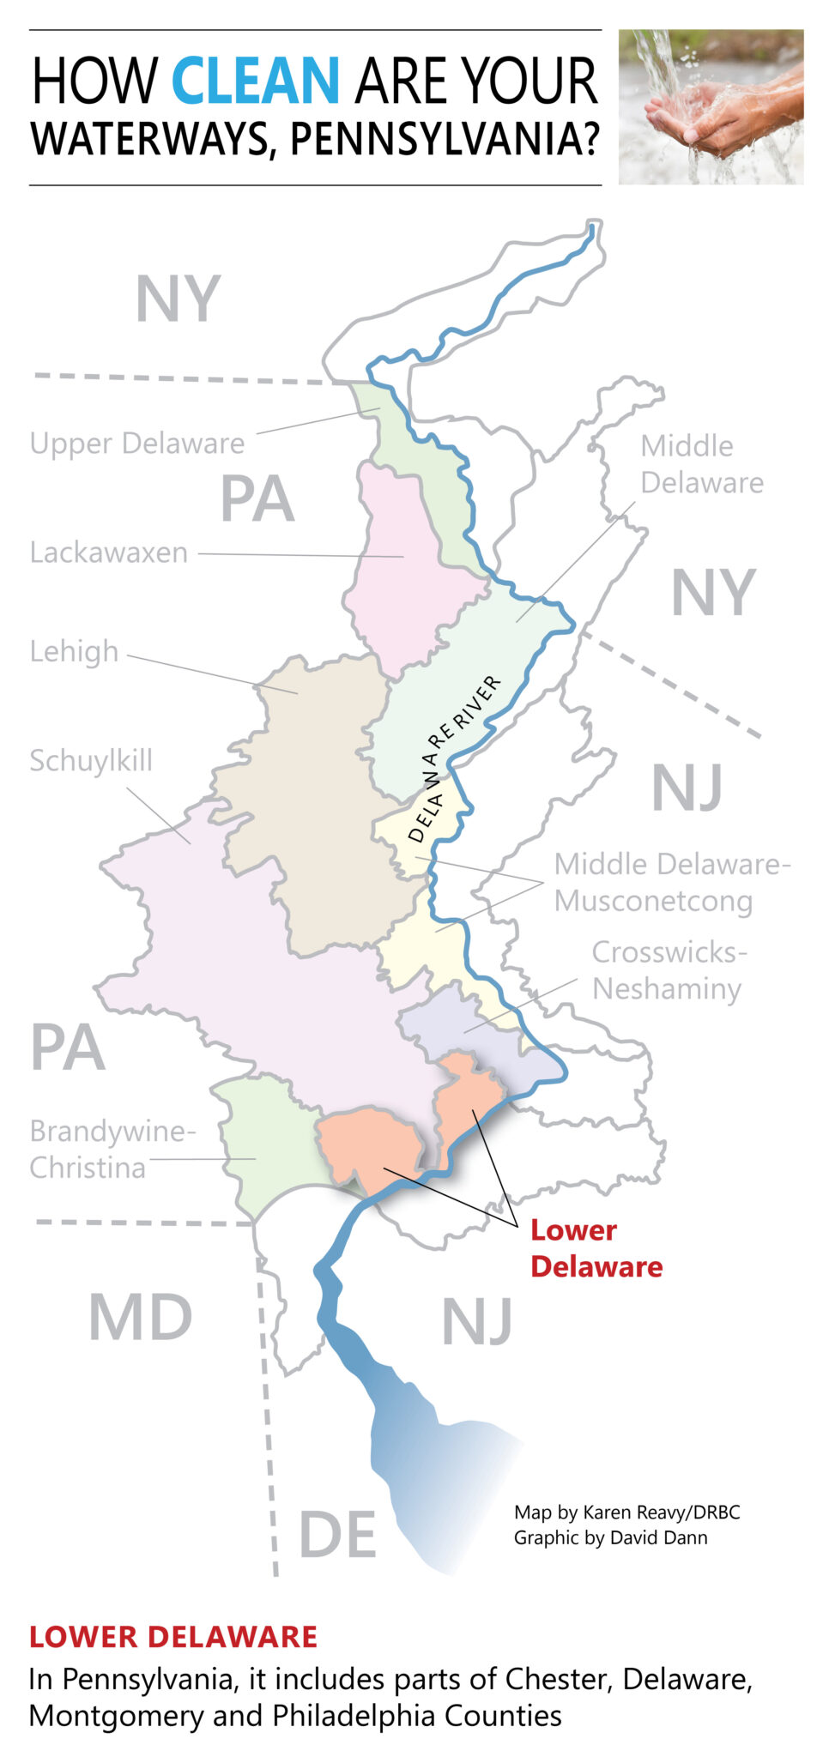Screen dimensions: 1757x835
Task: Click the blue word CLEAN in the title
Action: tap(256, 81)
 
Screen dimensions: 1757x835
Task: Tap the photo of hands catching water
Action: tap(711, 106)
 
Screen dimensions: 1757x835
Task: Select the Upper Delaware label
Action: tap(137, 444)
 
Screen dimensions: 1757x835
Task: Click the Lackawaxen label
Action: tap(109, 552)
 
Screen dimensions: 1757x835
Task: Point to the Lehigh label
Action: tap(74, 652)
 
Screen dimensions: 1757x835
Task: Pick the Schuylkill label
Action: tap(91, 761)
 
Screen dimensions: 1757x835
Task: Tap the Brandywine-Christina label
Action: tap(112, 1150)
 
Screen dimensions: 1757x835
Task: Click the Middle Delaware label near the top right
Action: tap(701, 464)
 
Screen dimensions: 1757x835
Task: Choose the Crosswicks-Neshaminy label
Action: tap(668, 970)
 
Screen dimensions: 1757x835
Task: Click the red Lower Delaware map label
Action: tap(596, 1248)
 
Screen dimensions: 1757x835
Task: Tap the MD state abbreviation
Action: tap(141, 1318)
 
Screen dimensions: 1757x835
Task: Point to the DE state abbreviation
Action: tap(337, 1536)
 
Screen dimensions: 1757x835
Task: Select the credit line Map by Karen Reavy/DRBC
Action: tap(626, 1512)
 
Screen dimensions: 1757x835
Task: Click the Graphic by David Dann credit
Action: tap(610, 1537)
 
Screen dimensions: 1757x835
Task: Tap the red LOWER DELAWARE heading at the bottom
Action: tap(173, 1637)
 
